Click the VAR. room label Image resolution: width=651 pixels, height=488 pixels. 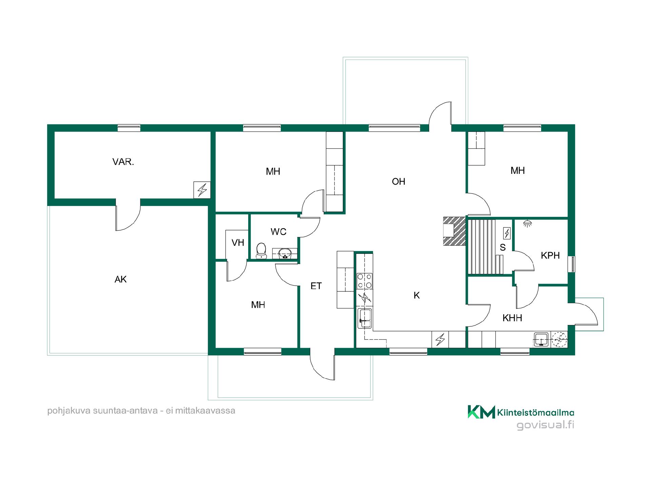(x=123, y=162)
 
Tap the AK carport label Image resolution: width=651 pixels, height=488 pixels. (x=121, y=279)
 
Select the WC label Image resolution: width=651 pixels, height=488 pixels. (x=278, y=232)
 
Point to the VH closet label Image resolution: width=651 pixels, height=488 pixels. (x=238, y=243)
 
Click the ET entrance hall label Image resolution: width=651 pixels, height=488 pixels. (x=316, y=286)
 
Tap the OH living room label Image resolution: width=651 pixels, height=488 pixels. (x=398, y=182)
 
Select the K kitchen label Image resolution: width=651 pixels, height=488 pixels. (x=417, y=296)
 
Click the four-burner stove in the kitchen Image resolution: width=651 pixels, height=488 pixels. (x=364, y=281)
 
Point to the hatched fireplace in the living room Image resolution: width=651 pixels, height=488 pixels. (x=454, y=231)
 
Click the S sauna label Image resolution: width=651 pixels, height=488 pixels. (x=502, y=248)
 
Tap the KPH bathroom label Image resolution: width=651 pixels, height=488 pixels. (x=550, y=256)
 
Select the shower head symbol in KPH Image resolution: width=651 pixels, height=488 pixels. (x=527, y=223)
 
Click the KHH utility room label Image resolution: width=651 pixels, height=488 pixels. (x=512, y=318)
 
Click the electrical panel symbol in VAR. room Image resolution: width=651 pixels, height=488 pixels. (x=202, y=190)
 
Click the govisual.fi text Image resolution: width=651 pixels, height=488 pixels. (x=545, y=425)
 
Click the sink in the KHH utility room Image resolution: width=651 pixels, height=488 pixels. (x=541, y=339)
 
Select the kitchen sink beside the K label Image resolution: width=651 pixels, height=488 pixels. (x=365, y=318)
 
